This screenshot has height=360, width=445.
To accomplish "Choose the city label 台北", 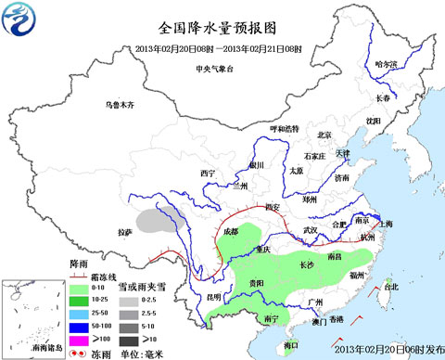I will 390,287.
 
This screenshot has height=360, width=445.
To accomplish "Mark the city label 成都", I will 228,231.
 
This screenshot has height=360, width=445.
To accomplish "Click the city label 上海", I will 385,224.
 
